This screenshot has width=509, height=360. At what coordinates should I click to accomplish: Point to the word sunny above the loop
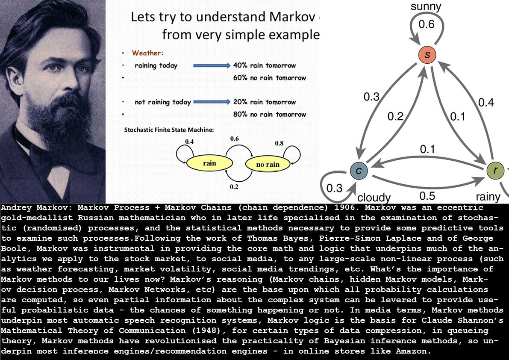[x=426, y=6]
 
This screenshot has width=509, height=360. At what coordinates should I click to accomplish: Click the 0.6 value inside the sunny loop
[x=426, y=25]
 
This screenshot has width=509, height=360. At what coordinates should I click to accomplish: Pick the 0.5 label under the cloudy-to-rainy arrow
[x=427, y=196]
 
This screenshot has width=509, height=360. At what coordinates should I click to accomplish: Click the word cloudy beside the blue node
[x=374, y=198]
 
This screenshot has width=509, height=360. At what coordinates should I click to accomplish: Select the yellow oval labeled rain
[x=209, y=163]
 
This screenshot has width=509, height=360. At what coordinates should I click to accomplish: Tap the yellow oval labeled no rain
[x=268, y=164]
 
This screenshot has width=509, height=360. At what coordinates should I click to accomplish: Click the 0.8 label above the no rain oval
[x=279, y=144]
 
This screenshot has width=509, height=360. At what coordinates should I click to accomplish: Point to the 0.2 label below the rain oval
[x=234, y=186]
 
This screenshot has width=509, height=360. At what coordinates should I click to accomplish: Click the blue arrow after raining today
[x=212, y=66]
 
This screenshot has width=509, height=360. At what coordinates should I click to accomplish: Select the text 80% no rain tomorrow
[x=270, y=115]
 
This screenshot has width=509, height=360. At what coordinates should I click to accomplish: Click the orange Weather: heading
[x=148, y=53]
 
